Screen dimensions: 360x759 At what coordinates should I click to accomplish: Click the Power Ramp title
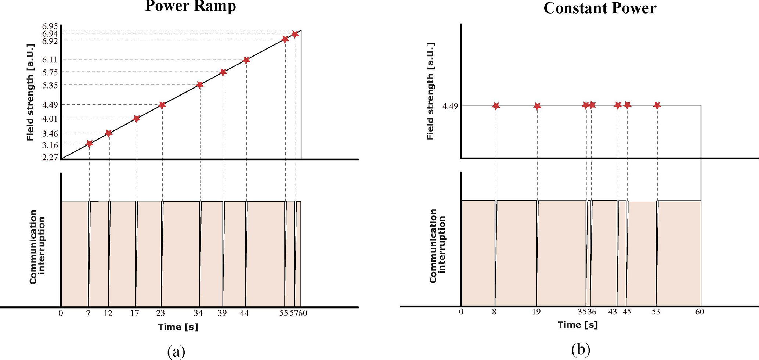tap(190, 6)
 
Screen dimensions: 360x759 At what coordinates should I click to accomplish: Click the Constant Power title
tap(600, 8)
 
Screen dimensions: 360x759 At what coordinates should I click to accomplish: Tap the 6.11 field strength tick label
tap(50, 60)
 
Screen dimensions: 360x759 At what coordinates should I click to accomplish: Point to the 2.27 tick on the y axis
tap(50, 157)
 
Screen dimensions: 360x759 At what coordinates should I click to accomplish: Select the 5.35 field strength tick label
tap(50, 85)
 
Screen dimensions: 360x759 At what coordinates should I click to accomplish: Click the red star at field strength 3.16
tap(89, 144)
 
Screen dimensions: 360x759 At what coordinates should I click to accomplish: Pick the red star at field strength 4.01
tap(137, 119)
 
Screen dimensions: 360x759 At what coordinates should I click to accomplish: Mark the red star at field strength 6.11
tap(246, 60)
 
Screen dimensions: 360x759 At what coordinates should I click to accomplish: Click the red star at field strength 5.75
tap(223, 72)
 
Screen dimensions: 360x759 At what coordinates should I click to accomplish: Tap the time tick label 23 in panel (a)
tap(160, 313)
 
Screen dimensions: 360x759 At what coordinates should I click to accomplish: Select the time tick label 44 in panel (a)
tap(244, 313)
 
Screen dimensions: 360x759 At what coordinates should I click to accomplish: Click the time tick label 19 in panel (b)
tap(536, 312)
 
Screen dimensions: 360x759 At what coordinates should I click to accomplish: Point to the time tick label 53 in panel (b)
tap(656, 312)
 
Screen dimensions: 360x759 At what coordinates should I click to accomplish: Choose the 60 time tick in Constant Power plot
tap(700, 312)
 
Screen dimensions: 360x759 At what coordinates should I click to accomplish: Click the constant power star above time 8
tap(496, 106)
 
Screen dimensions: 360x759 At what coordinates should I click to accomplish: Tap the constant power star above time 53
tap(657, 105)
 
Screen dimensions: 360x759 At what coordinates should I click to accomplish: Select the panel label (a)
tap(176, 351)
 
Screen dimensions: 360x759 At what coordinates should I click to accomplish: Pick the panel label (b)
tap(581, 349)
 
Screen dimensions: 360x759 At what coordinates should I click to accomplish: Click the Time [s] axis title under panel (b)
tap(578, 325)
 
